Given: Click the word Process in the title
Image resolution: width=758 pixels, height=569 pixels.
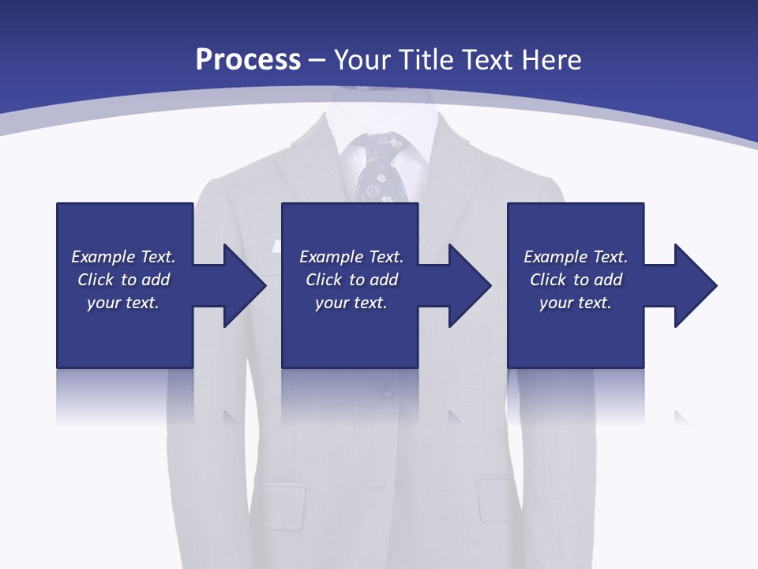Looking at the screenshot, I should (248, 60).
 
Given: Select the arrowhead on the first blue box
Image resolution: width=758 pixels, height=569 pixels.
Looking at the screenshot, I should (243, 285).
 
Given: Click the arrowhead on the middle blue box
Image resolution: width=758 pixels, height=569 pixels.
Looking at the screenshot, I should (469, 285).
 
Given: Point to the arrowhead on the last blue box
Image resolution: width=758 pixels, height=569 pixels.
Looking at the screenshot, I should (694, 285).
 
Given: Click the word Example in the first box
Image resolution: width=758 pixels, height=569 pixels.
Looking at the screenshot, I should (103, 257).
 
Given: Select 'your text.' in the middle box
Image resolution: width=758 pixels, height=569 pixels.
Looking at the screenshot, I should (351, 303).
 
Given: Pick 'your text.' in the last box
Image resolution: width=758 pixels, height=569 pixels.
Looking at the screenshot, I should (575, 303).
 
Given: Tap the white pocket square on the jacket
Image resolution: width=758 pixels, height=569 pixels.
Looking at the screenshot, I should (276, 247).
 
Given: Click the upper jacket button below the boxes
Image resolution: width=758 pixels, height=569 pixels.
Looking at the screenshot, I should (387, 389).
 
